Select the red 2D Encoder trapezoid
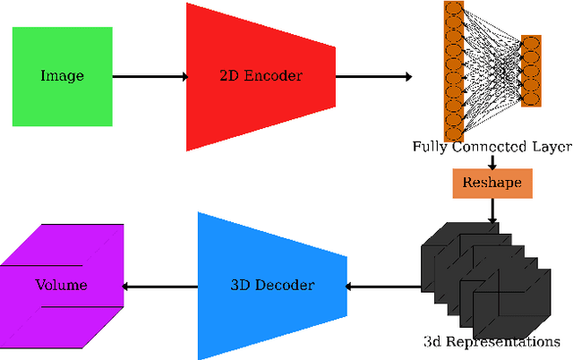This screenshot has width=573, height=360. pyautogui.click(x=260, y=76)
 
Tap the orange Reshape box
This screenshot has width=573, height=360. pyautogui.click(x=492, y=184)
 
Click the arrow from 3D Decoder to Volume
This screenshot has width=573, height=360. pyautogui.click(x=158, y=287)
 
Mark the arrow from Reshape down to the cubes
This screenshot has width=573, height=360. pyautogui.click(x=492, y=210)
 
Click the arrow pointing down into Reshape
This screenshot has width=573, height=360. pyautogui.click(x=492, y=161)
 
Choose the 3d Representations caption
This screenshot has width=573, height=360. pyautogui.click(x=492, y=341)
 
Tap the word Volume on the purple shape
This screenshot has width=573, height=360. pyautogui.click(x=61, y=286)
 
